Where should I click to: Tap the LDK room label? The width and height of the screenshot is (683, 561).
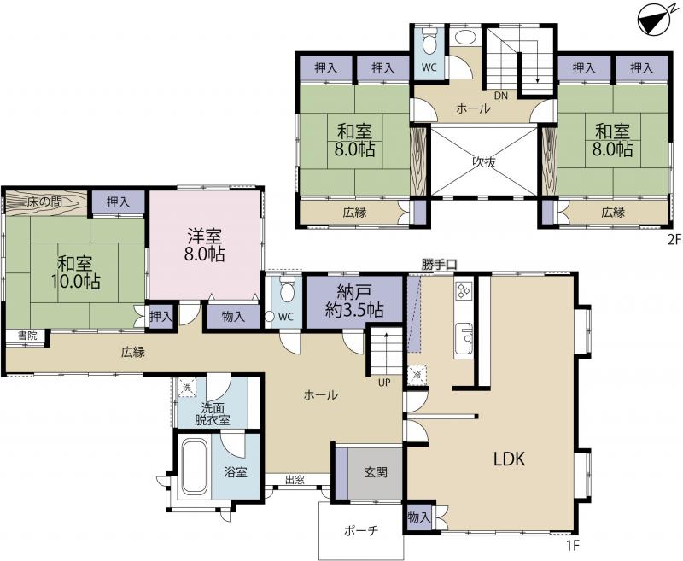click(509, 459)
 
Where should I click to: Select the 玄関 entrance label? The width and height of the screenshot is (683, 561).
click(376, 472)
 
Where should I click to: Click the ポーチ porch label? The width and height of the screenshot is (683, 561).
click(361, 531)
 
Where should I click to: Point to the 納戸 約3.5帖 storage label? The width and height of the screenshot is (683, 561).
click(354, 301)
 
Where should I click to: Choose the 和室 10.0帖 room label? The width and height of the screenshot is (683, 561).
click(75, 272)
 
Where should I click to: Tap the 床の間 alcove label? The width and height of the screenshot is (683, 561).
click(44, 202)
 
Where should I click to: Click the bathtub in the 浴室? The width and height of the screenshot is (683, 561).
click(194, 467)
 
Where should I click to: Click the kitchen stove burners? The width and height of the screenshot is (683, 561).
click(463, 290)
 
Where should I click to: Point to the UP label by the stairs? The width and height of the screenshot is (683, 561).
click(384, 383)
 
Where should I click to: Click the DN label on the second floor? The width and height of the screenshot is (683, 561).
click(501, 96)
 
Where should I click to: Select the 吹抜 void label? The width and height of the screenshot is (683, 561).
click(484, 162)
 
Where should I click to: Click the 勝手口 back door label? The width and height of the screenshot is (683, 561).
click(439, 265)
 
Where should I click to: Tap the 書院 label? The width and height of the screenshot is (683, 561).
click(27, 336)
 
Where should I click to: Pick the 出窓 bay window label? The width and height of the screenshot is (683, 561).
click(295, 480)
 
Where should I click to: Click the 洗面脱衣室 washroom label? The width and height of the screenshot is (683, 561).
click(212, 414)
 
